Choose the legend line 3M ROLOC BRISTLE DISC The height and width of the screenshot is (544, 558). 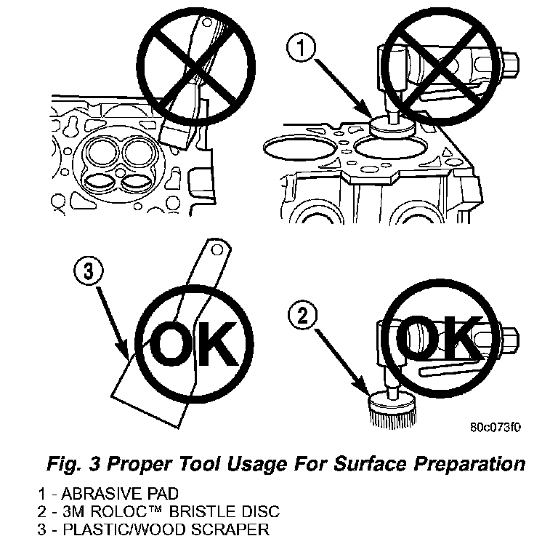pyautogui.click(x=146, y=511)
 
